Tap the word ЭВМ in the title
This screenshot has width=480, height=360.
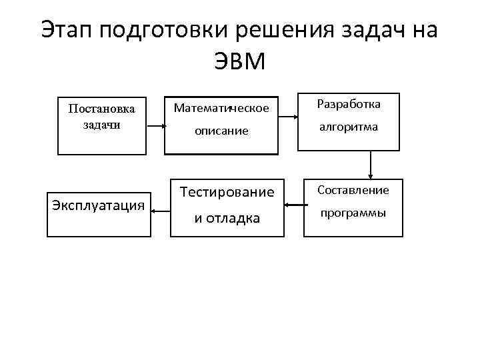click(x=240, y=61)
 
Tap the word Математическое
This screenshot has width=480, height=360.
click(x=221, y=107)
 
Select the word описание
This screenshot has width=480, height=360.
click(x=221, y=131)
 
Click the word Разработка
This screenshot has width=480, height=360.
click(x=349, y=105)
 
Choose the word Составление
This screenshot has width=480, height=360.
click(x=353, y=190)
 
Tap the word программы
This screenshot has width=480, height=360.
click(x=353, y=213)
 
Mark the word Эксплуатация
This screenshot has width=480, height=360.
click(x=98, y=205)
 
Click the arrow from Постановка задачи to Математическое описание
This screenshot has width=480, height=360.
click(x=159, y=124)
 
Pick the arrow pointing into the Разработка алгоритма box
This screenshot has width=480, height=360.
click(x=288, y=117)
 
